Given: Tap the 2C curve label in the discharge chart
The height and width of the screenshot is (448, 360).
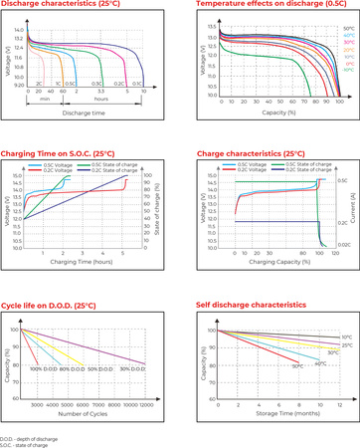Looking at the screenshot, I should point(39,85).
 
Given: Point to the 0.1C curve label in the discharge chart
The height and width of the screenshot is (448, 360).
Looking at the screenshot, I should point(137,85).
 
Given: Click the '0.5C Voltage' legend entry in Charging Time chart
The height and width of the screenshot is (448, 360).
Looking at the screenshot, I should point(57,162).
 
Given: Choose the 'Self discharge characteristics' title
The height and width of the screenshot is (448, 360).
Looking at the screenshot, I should point(247,305).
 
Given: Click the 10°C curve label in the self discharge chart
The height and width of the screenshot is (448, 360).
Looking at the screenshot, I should point(347,337).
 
